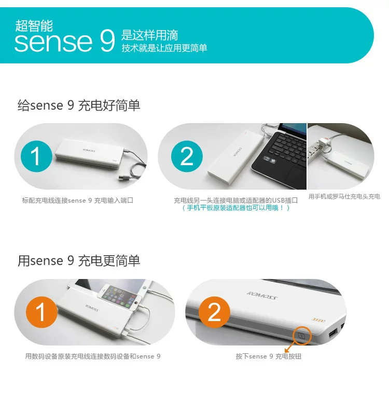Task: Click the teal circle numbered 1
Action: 36,156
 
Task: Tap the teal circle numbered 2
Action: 187,156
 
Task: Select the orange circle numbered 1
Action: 41,312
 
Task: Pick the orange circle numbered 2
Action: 214,312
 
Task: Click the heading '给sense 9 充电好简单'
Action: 79,105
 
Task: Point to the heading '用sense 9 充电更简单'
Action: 79,261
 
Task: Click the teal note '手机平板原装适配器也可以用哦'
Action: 235,208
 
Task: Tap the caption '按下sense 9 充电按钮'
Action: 269,356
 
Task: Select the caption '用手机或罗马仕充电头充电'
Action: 344,196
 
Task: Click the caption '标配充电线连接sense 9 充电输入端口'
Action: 77,201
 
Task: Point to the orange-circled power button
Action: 301,336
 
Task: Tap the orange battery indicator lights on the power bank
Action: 318,320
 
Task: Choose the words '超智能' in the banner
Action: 34,25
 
